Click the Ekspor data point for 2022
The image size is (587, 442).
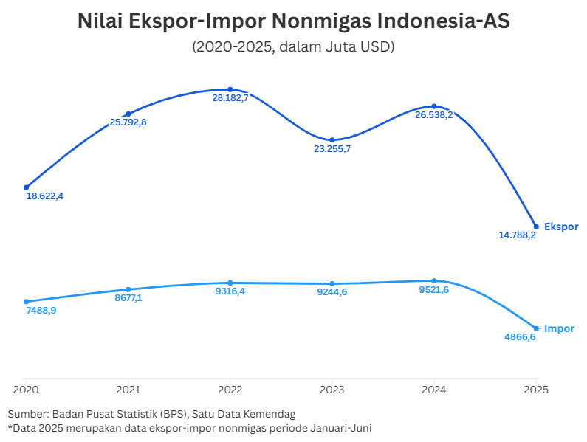point(230,89)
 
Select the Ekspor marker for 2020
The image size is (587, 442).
point(26,187)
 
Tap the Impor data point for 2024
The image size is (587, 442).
point(434,280)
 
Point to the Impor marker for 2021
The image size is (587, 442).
point(128,289)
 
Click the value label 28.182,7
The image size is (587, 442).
point(230,98)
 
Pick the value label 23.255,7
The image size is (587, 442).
point(332,149)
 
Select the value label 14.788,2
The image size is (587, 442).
point(518,235)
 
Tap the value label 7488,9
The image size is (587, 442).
point(41,311)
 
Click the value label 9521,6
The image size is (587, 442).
point(433,290)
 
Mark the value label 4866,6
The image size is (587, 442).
point(520,337)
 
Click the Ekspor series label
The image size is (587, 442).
point(561,227)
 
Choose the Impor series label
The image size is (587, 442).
point(559,328)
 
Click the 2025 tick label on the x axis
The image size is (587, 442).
point(536,389)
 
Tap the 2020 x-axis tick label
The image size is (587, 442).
point(26,389)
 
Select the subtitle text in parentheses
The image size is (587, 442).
point(293,46)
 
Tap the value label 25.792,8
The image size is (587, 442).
point(128,122)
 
